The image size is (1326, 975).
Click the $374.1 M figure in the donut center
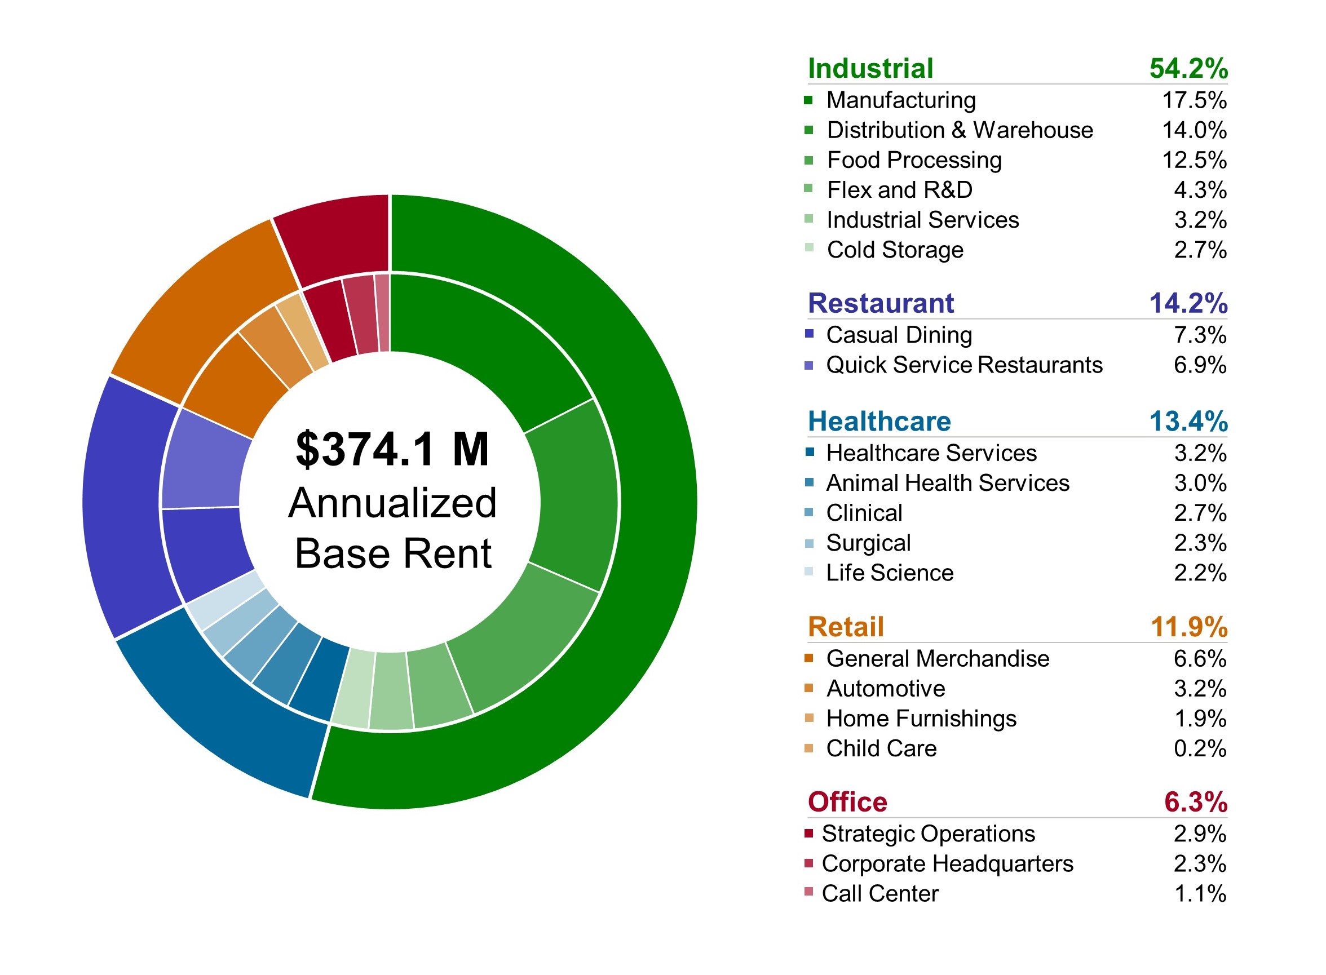point(392,449)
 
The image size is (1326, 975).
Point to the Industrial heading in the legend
point(870,68)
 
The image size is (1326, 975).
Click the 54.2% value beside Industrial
point(1188,68)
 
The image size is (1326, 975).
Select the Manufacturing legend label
point(901,100)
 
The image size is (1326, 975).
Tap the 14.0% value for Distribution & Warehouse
point(1194,130)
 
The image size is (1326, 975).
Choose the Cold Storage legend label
point(895,250)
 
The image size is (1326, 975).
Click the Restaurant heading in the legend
point(880,303)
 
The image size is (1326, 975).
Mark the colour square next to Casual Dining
point(809,334)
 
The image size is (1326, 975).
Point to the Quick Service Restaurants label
point(964,365)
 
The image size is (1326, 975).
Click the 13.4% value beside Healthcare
point(1188,422)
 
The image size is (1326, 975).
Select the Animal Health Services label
point(948,483)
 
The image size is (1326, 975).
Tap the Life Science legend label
point(890,573)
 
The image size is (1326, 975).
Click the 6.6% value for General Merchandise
point(1200,659)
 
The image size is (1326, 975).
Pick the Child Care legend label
point(881,748)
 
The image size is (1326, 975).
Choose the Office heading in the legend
point(847,802)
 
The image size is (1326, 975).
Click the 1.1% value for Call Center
point(1200,893)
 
